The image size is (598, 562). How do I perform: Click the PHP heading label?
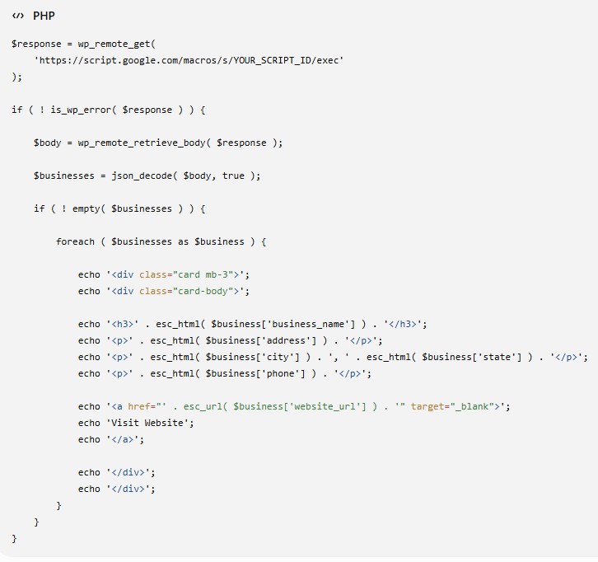[44, 16]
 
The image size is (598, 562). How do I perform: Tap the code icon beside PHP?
[18, 16]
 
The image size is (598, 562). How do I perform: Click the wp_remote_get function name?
[114, 44]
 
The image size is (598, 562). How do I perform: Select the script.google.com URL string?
[189, 60]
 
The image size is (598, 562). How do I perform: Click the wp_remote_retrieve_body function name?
[142, 143]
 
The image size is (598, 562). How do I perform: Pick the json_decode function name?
[142, 176]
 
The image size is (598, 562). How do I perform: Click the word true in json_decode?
[233, 176]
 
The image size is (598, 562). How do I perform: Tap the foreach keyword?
[75, 241]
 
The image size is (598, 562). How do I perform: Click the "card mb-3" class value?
[203, 274]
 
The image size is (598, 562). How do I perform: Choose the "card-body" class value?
[203, 291]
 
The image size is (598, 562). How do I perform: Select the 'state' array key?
[497, 357]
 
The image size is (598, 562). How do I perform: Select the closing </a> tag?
[123, 439]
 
